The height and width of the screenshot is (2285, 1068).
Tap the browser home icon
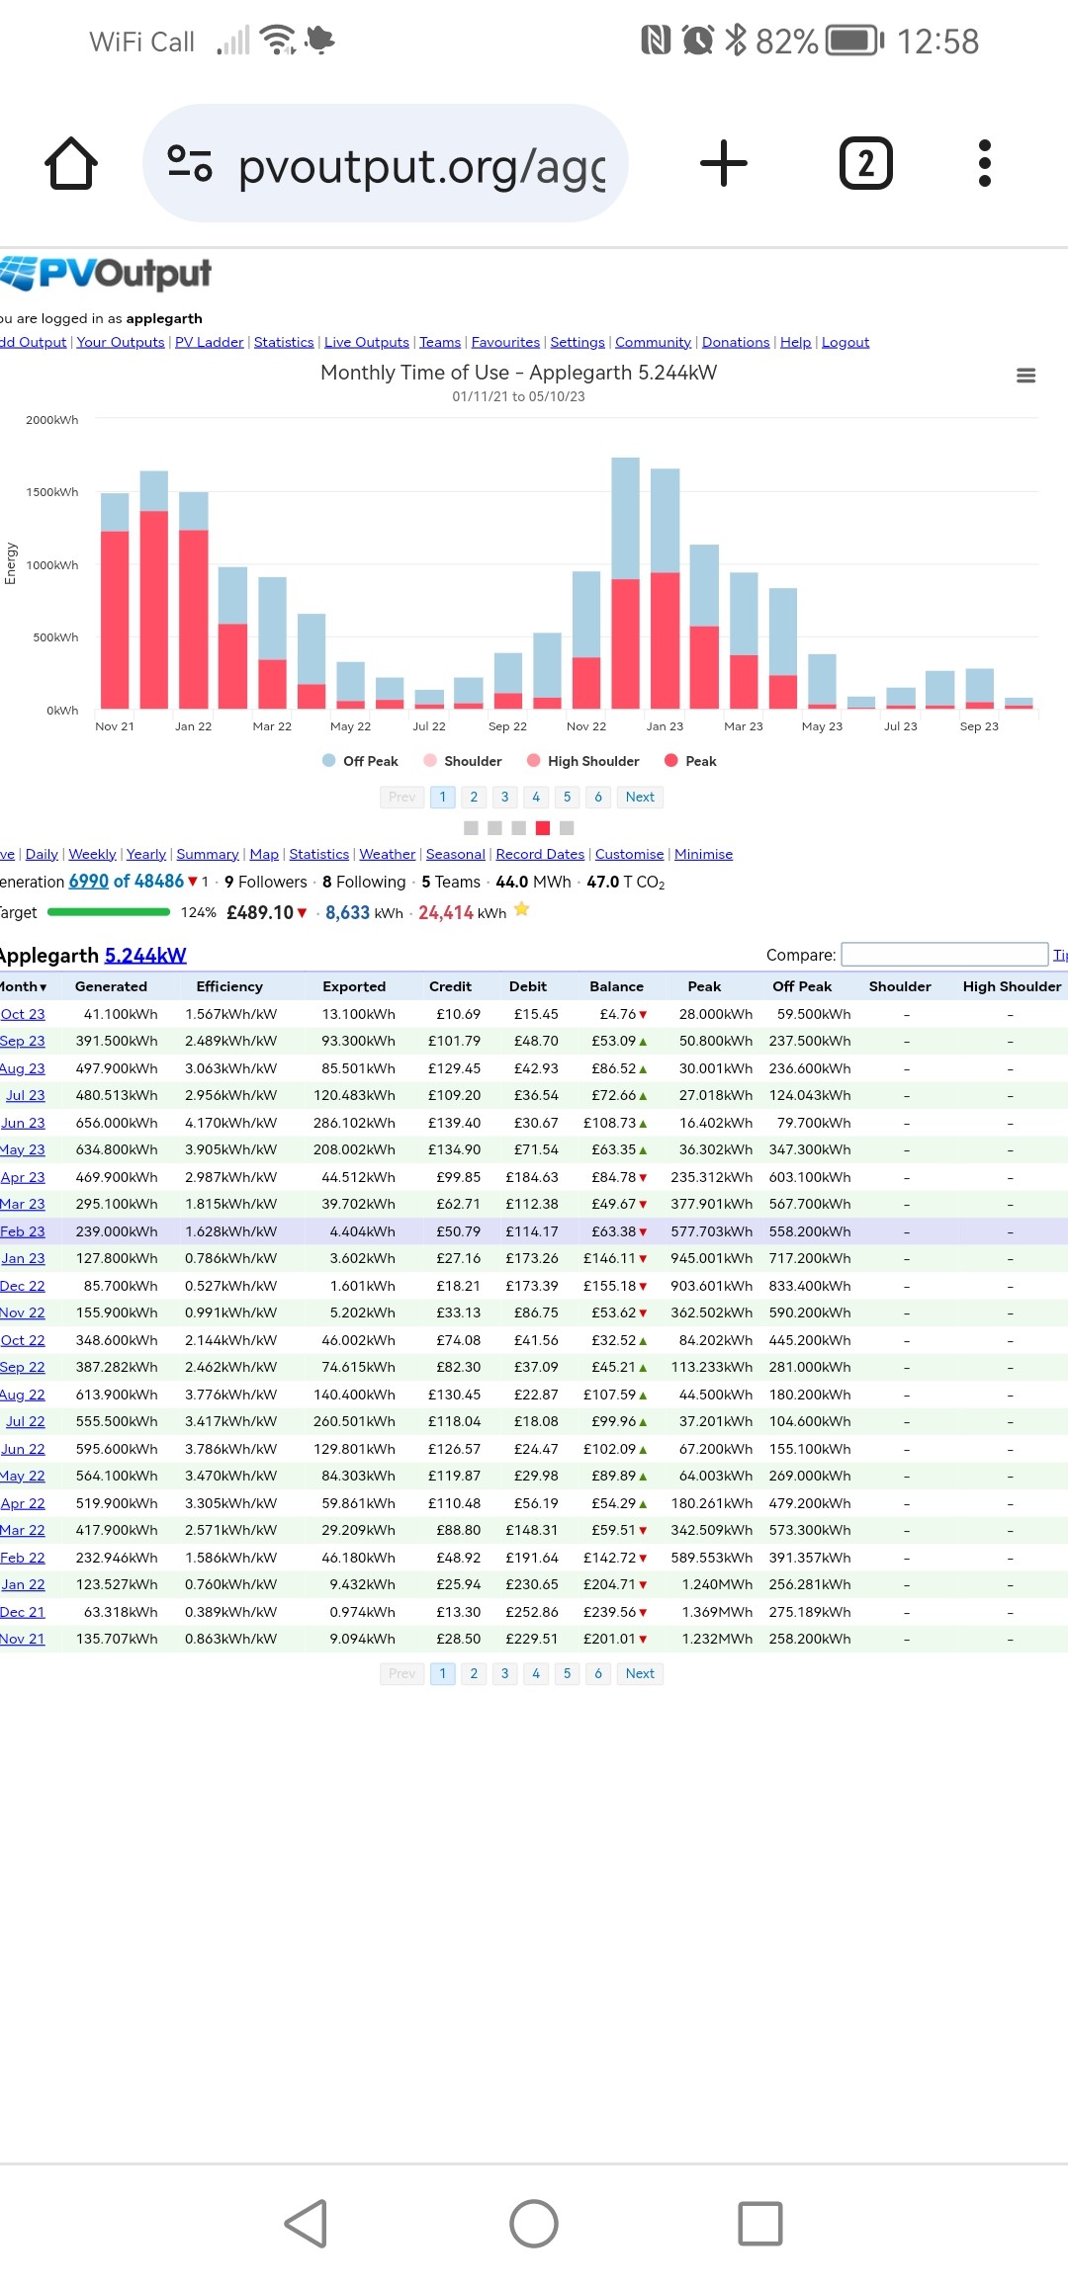click(71, 163)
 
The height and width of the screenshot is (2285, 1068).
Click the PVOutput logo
click(106, 273)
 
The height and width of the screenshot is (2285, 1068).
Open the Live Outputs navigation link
click(367, 342)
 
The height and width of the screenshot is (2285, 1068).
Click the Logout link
click(845, 342)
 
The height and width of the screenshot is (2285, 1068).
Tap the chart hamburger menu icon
click(1026, 376)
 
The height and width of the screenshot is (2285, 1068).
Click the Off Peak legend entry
click(361, 761)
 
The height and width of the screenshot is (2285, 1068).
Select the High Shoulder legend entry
click(583, 761)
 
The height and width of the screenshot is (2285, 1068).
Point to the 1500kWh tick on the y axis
click(52, 492)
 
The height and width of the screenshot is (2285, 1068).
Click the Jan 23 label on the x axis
click(665, 726)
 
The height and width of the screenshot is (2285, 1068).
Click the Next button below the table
click(640, 1673)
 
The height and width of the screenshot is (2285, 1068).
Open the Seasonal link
click(456, 854)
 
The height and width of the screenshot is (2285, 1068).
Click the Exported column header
click(354, 986)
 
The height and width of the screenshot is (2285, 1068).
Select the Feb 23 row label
click(23, 1231)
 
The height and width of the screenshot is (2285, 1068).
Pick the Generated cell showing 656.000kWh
click(117, 1123)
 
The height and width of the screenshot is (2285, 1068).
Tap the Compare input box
click(944, 954)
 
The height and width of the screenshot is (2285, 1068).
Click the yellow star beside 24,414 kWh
click(522, 909)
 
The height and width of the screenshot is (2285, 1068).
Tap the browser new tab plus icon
click(724, 163)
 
